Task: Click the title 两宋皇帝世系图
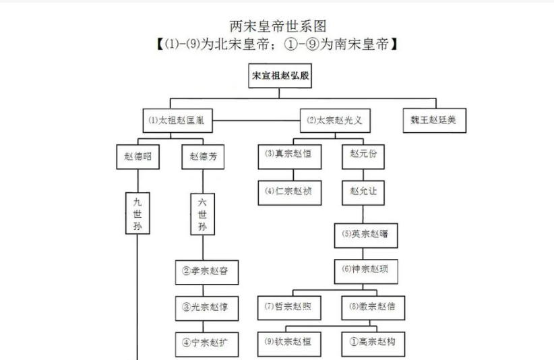click(277, 26)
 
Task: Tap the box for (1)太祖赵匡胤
click(177, 121)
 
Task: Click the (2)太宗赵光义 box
click(334, 121)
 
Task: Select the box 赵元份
click(364, 154)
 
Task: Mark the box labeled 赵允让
click(364, 191)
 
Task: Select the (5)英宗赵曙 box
click(364, 235)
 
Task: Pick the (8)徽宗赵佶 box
click(372, 307)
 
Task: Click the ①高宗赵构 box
click(372, 342)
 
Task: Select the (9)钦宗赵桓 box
click(288, 342)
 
